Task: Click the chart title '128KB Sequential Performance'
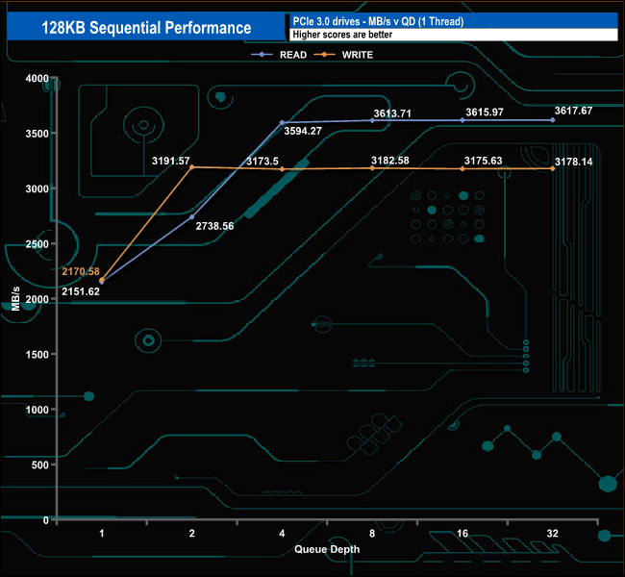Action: tap(146, 29)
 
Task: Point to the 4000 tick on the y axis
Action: tap(36, 78)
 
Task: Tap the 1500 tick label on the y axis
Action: tap(36, 355)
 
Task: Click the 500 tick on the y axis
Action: tap(38, 465)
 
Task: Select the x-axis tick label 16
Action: tap(462, 533)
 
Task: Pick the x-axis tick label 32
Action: tap(552, 533)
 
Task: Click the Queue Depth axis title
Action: tap(327, 550)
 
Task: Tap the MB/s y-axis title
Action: tap(16, 300)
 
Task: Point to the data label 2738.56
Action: tap(214, 227)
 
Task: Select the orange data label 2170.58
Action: tap(81, 271)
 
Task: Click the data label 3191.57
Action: tap(171, 159)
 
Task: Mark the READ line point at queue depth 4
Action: tap(282, 123)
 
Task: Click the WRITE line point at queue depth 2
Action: tap(192, 167)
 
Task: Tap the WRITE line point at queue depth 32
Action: tap(553, 168)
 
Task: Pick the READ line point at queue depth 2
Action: tap(192, 217)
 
